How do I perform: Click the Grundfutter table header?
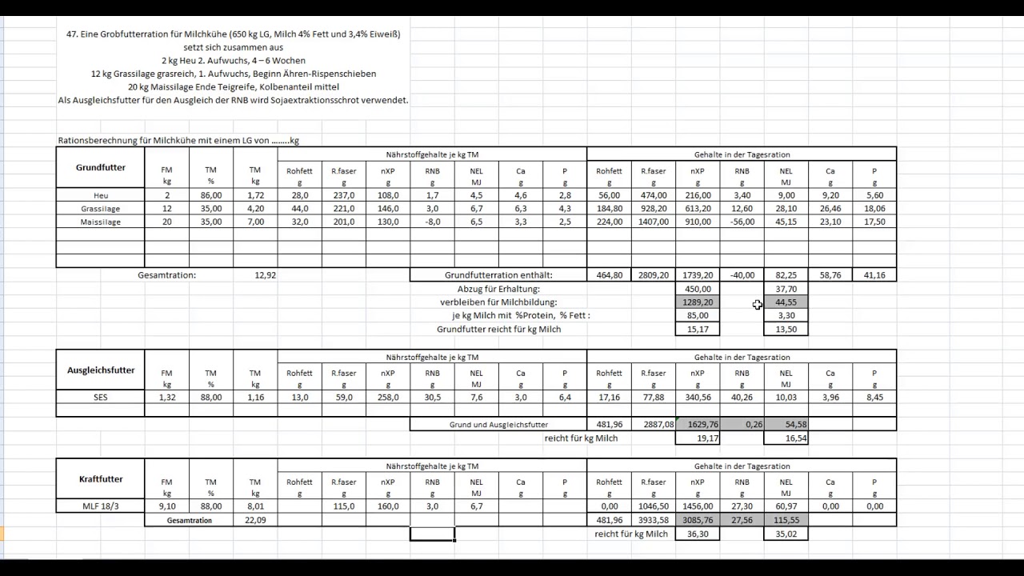(x=101, y=168)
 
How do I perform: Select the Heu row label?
(x=101, y=195)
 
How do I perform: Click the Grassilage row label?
(x=101, y=209)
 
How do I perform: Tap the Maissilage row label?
(x=101, y=222)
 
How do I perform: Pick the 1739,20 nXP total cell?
(x=698, y=275)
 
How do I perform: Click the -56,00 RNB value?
(x=742, y=222)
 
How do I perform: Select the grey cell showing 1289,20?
(x=698, y=302)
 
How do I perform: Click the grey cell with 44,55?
(x=786, y=302)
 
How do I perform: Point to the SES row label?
(x=101, y=398)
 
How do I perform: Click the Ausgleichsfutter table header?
(x=101, y=370)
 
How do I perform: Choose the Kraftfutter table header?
(x=101, y=479)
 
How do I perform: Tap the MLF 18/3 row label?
(x=101, y=506)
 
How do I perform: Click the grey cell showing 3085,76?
(x=698, y=520)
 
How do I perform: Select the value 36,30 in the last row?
(x=698, y=534)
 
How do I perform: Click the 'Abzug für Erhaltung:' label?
(x=498, y=289)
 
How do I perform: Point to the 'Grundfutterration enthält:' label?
(x=498, y=275)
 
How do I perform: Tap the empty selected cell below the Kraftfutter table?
(x=432, y=534)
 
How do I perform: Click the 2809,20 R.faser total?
(x=654, y=275)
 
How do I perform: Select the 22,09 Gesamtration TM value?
(x=255, y=520)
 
